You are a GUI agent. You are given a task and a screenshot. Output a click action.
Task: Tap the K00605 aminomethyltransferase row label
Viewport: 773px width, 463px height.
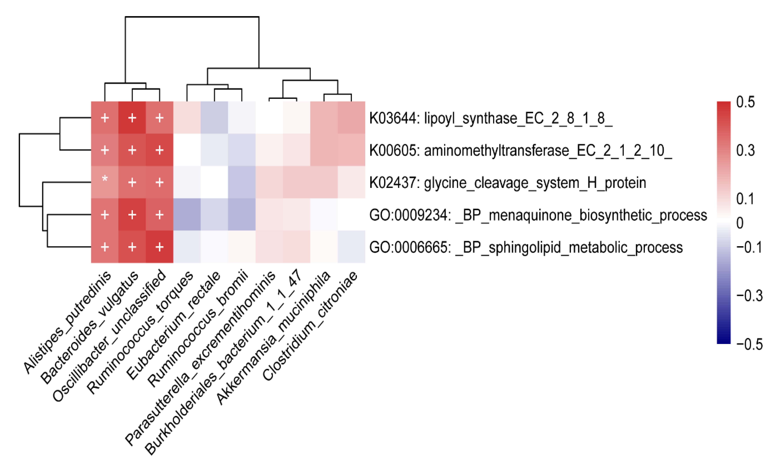tap(520, 151)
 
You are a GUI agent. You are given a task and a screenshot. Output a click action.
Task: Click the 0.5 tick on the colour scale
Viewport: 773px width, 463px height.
tap(745, 102)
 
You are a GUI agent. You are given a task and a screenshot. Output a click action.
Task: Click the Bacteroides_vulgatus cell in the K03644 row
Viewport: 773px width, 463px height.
tap(132, 118)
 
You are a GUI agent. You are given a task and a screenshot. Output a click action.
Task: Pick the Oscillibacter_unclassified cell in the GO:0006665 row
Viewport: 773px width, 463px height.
tap(160, 247)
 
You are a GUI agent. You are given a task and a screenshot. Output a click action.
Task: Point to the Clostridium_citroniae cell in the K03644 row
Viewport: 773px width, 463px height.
tap(351, 118)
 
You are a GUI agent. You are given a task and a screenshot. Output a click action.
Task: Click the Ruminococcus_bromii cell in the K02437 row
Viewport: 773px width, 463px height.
tap(242, 182)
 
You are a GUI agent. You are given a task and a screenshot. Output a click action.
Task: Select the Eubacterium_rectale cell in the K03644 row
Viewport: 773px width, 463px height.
tap(214, 118)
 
